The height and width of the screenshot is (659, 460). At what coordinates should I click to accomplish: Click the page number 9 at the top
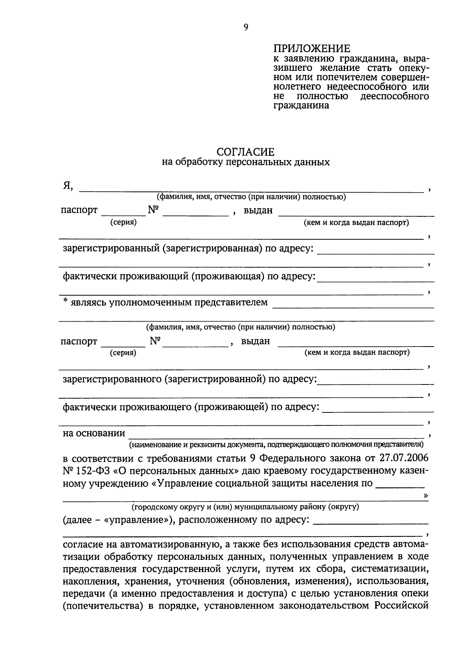[x=246, y=27]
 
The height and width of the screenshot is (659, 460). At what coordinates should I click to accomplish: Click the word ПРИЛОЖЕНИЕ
[x=312, y=49]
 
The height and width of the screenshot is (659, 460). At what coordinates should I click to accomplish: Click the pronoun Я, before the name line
[x=68, y=186]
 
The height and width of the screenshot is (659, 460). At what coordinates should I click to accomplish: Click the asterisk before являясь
[x=66, y=302]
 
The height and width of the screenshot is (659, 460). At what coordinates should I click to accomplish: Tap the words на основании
[x=94, y=433]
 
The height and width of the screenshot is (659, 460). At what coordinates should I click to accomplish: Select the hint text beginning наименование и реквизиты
[x=276, y=445]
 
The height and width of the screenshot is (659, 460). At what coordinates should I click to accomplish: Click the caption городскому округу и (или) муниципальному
[x=245, y=507]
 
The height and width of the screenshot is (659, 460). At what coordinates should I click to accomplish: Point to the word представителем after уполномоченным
[x=231, y=303]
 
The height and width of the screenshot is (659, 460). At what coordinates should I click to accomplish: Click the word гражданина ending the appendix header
[x=301, y=105]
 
